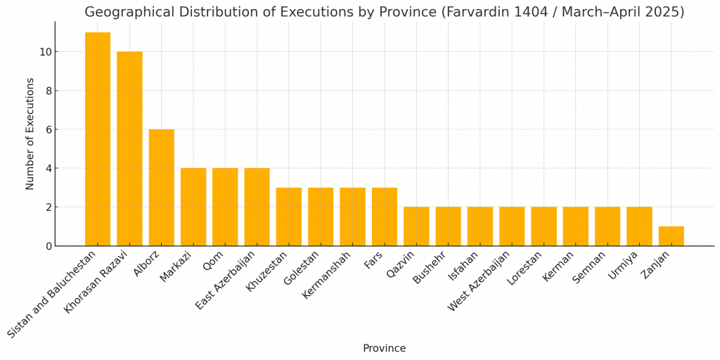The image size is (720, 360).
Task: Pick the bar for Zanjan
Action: coord(671,236)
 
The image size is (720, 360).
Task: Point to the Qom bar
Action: coord(225,207)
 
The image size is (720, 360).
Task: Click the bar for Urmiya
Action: coord(639,226)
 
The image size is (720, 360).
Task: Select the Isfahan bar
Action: coord(480,226)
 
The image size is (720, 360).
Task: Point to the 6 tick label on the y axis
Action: coord(49,129)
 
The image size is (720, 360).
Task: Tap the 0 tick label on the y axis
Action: coord(49,246)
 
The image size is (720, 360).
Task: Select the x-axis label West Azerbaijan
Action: coord(486,282)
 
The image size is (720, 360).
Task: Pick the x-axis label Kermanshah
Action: coord(333,275)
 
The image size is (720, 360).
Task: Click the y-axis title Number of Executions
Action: coord(30,134)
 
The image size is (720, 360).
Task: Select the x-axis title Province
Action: coord(384,349)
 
